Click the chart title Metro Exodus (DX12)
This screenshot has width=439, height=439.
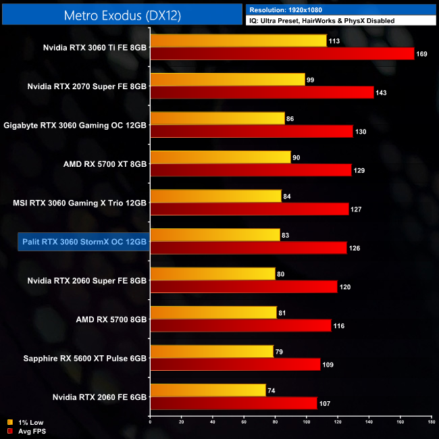pos(122,14)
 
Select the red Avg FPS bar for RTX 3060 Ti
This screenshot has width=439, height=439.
pos(282,53)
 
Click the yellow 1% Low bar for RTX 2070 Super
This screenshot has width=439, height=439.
pos(228,80)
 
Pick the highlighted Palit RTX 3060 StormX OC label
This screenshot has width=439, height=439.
pos(82,241)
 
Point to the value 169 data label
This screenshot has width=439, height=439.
pos(421,54)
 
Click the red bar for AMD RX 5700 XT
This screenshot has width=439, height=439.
pos(251,170)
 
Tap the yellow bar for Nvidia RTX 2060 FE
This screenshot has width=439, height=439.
pos(207,390)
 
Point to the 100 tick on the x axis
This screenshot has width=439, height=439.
pos(306,421)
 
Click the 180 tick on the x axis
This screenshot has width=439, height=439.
pos(430,421)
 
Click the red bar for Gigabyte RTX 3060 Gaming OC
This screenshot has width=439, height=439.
pos(251,132)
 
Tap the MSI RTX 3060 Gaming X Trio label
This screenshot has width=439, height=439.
pos(80,203)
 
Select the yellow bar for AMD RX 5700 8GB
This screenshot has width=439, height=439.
pos(213,313)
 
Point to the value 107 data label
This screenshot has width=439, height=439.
pos(324,403)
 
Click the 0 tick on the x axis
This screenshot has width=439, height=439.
pos(150,421)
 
